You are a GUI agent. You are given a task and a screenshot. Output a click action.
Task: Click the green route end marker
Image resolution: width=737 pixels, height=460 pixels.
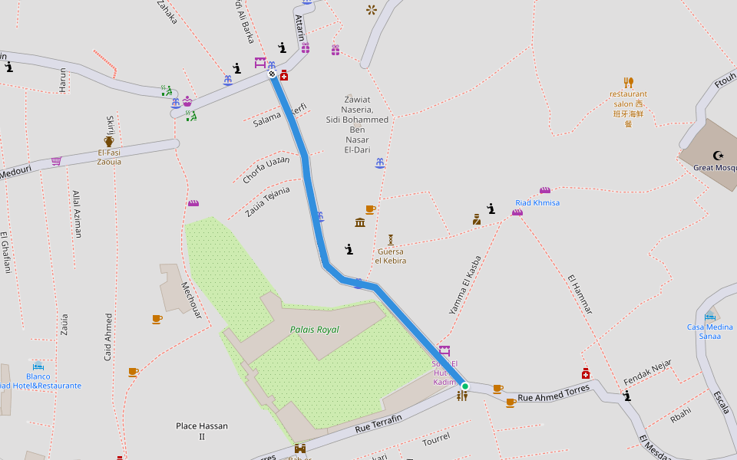[x=464, y=386]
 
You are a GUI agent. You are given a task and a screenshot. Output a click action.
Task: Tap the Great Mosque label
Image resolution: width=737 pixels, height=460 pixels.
[x=714, y=167]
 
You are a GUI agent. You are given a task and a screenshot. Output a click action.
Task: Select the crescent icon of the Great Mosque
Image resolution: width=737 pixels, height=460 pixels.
[x=719, y=156]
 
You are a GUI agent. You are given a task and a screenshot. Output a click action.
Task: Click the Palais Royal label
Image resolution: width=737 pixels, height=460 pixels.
[x=314, y=330]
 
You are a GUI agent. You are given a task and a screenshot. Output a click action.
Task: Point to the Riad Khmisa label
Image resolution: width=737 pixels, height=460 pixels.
[x=537, y=203]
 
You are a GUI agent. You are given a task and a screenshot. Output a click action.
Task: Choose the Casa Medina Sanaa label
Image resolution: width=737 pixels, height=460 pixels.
[x=709, y=331]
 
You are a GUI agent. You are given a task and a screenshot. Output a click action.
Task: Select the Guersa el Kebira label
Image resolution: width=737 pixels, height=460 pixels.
[x=390, y=256]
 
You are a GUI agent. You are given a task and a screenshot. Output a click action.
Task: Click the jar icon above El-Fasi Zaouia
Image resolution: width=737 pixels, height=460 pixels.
[x=109, y=141]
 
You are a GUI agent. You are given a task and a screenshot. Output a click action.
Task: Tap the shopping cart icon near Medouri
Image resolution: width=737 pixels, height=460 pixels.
[x=56, y=161]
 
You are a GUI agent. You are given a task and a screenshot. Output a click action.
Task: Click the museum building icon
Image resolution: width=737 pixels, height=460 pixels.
[x=360, y=222]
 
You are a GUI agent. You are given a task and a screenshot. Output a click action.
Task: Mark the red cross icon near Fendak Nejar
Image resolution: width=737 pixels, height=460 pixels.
[x=585, y=373]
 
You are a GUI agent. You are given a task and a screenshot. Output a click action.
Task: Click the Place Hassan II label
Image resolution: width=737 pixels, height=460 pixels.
[x=202, y=431]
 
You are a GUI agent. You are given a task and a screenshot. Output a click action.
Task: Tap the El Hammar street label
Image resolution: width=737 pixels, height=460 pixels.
[x=580, y=294]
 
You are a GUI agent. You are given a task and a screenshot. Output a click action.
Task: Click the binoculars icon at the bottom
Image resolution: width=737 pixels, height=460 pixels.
[x=299, y=449]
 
